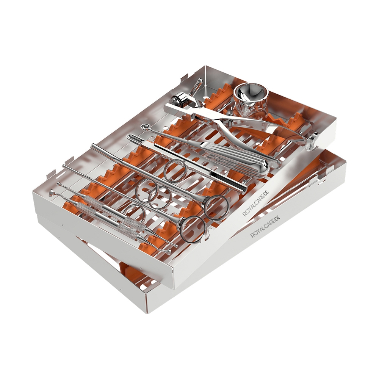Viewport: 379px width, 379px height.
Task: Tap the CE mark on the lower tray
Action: [x=277, y=219]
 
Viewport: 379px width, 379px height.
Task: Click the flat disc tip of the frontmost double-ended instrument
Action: [x=52, y=193]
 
